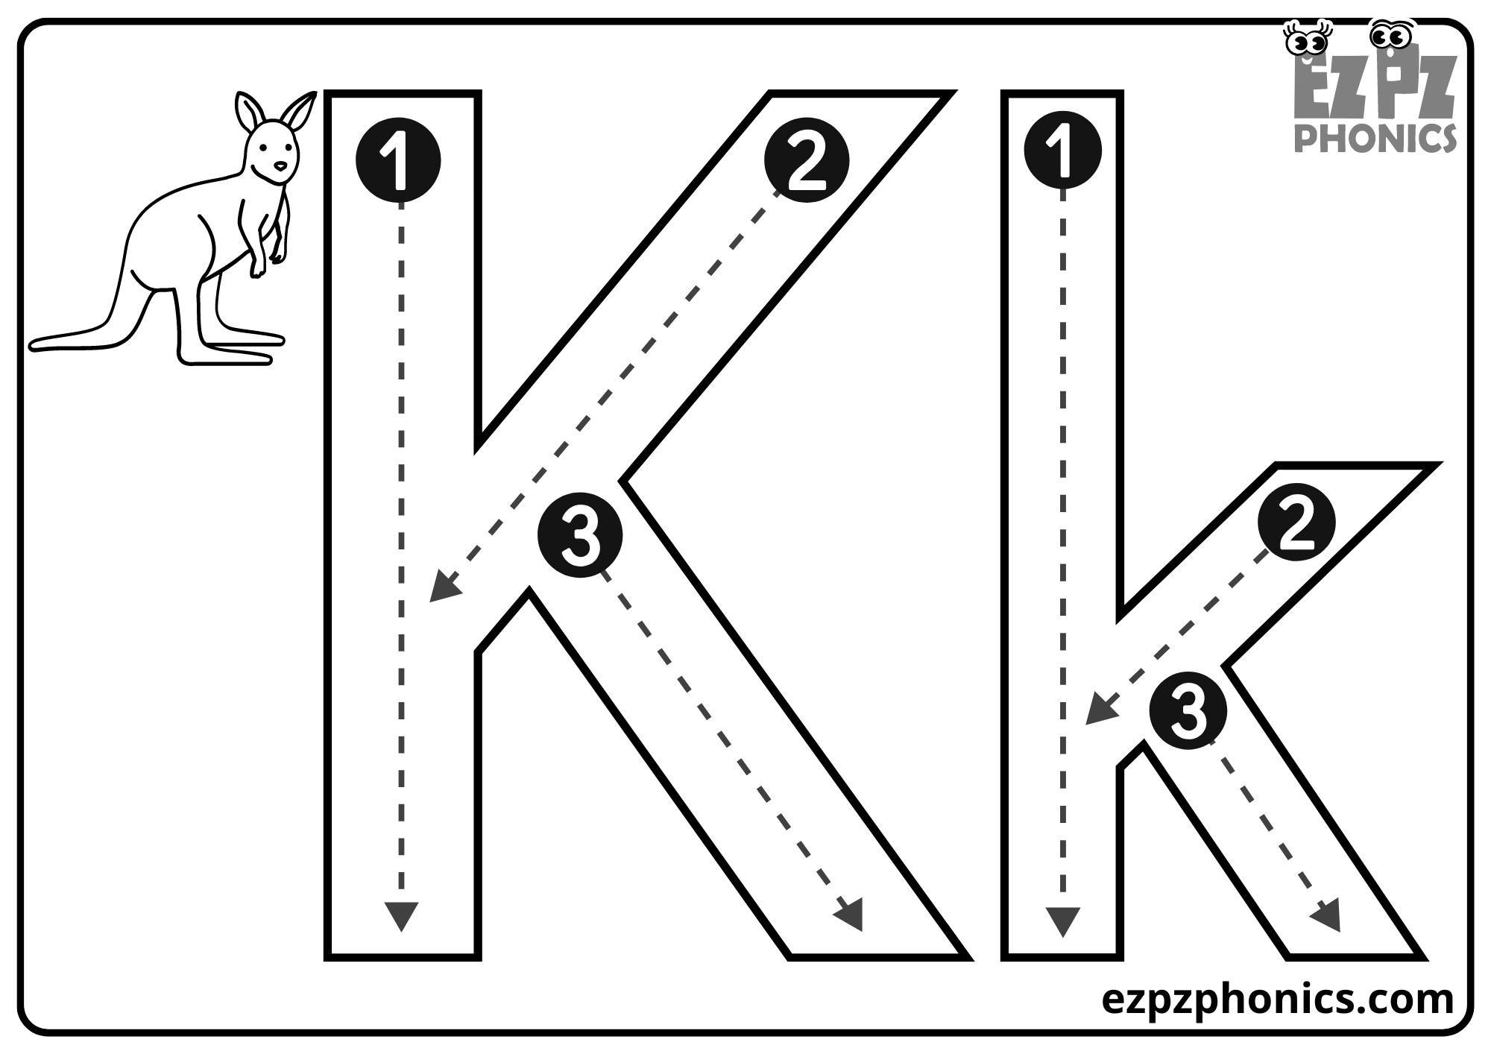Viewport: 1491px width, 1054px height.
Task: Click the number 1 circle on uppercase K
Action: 398,160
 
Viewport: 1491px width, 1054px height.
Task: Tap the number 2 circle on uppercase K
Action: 807,160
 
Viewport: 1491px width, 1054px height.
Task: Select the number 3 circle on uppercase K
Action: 580,534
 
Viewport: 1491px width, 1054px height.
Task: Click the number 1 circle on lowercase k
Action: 1062,149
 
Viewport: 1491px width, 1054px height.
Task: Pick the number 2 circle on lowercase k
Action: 1296,523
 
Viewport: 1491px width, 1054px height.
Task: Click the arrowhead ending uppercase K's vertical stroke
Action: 401,915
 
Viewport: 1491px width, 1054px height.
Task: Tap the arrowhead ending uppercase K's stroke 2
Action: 444,587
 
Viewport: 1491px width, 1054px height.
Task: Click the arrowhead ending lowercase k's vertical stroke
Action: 1063,921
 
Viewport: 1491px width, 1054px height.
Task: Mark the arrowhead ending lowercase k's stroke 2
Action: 1099,710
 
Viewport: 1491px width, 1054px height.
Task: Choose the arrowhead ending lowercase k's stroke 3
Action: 1327,915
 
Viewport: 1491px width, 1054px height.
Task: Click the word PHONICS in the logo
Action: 1375,139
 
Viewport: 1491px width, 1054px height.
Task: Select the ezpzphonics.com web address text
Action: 1277,999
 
